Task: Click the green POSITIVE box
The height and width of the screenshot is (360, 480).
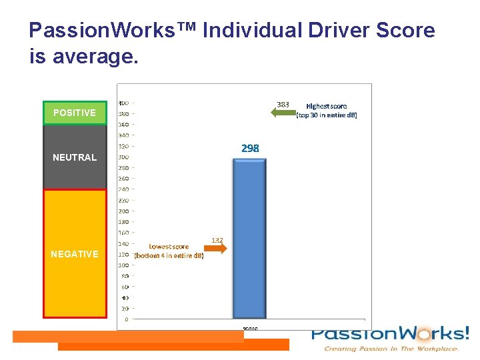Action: pyautogui.click(x=75, y=113)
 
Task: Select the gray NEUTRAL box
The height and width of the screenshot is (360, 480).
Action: pyautogui.click(x=75, y=157)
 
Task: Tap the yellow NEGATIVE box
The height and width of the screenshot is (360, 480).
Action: pyautogui.click(x=75, y=253)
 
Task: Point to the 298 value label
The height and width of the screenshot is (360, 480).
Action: pyautogui.click(x=250, y=148)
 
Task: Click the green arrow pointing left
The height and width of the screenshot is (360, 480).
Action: pyautogui.click(x=283, y=113)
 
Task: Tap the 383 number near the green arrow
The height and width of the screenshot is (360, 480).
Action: pyautogui.click(x=283, y=104)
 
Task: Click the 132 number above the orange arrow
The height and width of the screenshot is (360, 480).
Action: pyautogui.click(x=217, y=239)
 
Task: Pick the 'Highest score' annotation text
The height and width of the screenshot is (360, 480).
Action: pyautogui.click(x=326, y=111)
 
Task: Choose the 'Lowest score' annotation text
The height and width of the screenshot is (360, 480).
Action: pyautogui.click(x=169, y=251)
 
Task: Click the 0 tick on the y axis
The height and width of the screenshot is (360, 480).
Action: pyautogui.click(x=127, y=319)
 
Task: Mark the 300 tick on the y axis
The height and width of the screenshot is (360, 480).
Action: pyautogui.click(x=124, y=157)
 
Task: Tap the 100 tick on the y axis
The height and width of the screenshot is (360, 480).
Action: pyautogui.click(x=124, y=265)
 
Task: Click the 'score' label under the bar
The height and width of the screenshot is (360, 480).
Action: pyautogui.click(x=250, y=328)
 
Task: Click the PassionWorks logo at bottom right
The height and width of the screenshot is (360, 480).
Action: pyautogui.click(x=390, y=334)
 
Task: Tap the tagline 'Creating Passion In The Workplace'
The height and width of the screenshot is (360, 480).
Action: pyautogui.click(x=391, y=349)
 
